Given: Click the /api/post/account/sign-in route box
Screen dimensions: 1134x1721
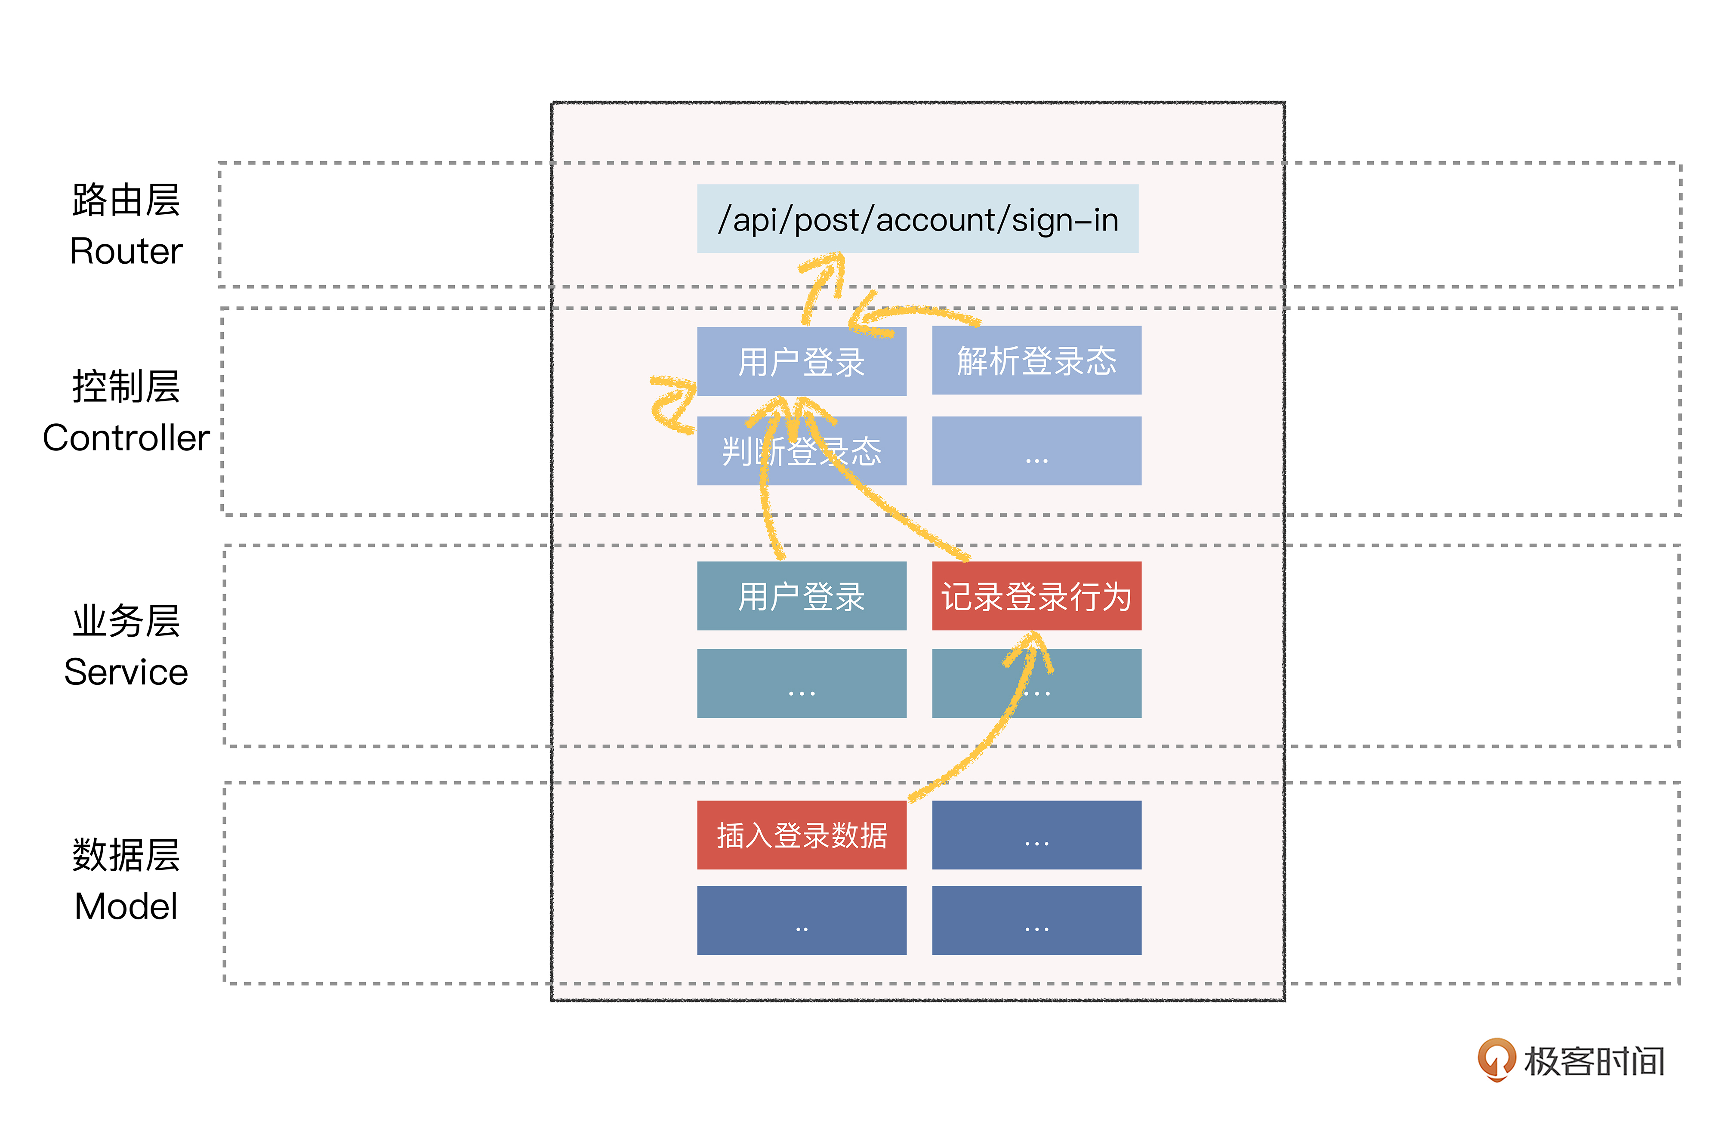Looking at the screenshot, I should [x=917, y=219].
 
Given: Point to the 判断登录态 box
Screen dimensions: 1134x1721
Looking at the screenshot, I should [x=801, y=451].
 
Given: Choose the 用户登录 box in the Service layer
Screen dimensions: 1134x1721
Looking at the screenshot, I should [x=801, y=596].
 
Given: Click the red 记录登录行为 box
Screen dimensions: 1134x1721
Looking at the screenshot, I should [x=1036, y=596].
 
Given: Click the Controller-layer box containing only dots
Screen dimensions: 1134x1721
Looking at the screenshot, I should [x=1036, y=451].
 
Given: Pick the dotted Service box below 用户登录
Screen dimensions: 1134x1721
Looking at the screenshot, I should [x=801, y=684].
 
